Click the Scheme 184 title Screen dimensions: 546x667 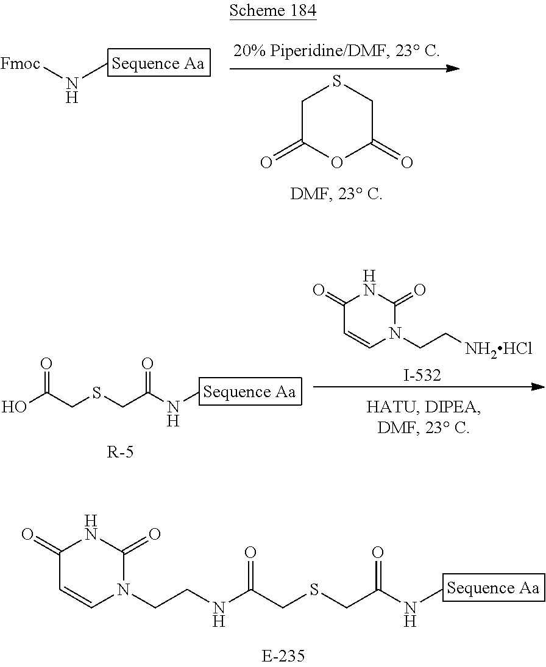coord(273,10)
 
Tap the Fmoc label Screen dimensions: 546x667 coord(20,64)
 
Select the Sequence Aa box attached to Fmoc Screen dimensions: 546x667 coord(158,63)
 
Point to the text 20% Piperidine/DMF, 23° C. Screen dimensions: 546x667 coord(336,51)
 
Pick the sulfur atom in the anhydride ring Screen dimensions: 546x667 coord(336,82)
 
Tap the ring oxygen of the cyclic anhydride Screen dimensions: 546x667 coord(336,163)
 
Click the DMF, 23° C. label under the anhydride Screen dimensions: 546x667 coord(336,194)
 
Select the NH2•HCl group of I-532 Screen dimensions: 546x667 coord(498,350)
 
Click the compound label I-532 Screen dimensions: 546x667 coord(422,375)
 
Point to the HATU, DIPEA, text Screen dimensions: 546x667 coord(423,407)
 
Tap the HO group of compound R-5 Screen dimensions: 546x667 coord(15,407)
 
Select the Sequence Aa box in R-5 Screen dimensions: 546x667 coord(250,391)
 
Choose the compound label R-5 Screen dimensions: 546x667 coord(119,451)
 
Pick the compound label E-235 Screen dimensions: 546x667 coord(283,655)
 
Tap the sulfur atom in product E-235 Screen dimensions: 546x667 coord(314,590)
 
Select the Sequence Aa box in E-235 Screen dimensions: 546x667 coord(494,588)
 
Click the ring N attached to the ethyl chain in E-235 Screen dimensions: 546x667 coord(124,589)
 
